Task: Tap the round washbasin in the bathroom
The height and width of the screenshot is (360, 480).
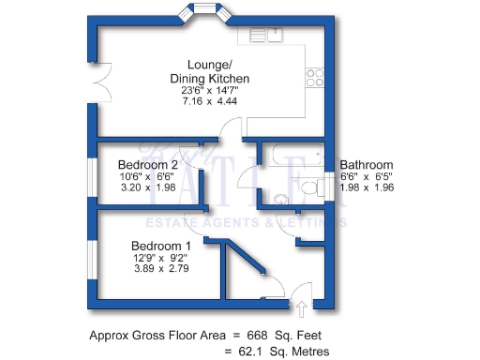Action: (x=280, y=198)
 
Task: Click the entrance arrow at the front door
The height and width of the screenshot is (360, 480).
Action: (x=303, y=307)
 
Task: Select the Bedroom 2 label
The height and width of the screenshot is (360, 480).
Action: (x=142, y=164)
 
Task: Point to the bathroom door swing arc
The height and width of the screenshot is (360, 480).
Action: (x=246, y=178)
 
